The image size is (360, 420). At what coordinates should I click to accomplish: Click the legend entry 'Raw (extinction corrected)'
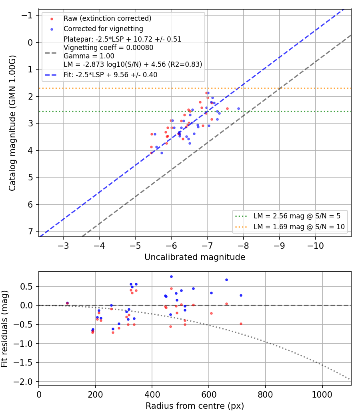point(108,18)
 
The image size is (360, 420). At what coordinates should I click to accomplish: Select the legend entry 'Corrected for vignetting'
point(103,29)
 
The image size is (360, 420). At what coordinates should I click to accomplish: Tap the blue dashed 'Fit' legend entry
point(110,75)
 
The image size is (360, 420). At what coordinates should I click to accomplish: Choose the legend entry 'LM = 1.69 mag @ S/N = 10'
point(299,227)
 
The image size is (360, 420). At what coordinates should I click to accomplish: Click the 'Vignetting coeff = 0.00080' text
point(108,48)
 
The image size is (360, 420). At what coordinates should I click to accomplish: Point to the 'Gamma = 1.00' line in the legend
point(89,56)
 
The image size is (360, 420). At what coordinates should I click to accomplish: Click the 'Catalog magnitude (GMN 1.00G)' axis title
point(12,123)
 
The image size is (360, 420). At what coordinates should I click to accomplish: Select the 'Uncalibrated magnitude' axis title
point(195,257)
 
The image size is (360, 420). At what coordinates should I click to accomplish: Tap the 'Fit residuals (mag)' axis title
point(4,329)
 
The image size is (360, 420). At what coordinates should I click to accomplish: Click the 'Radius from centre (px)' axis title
point(195,406)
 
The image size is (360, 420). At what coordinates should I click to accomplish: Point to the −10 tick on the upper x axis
point(315,246)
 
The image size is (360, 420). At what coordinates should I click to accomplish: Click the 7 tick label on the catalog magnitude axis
point(31,231)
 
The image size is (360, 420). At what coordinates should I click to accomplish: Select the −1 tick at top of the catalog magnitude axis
point(27,15)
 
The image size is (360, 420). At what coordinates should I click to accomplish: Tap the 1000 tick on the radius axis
point(322,394)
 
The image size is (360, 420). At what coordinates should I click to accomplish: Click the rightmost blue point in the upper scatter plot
point(238,109)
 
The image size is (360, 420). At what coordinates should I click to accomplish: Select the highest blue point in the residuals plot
point(172,277)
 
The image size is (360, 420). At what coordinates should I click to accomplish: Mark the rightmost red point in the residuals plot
point(241,324)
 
